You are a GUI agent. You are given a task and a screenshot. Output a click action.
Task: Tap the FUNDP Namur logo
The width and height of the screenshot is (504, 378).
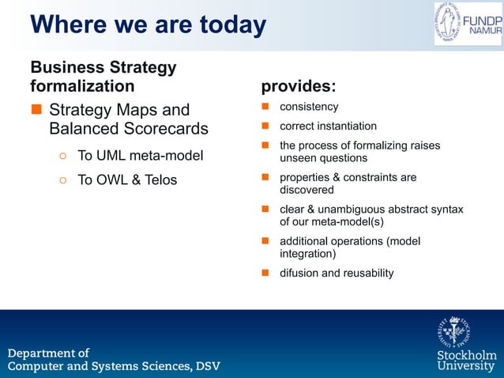(466, 24)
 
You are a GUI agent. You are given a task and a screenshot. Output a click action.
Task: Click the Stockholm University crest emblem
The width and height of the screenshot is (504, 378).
(455, 331)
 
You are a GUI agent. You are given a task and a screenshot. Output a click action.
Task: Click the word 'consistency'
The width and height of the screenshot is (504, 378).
(309, 107)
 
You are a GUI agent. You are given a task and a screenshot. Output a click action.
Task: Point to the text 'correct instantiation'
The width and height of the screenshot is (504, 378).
(328, 126)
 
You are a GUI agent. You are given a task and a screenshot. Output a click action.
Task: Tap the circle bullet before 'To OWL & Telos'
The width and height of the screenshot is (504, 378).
(62, 181)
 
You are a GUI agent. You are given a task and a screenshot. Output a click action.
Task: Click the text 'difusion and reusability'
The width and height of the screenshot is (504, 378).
(337, 273)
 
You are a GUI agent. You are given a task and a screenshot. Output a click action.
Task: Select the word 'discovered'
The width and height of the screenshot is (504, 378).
(307, 190)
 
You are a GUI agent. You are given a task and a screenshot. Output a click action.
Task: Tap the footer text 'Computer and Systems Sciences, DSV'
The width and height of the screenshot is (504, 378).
(114, 366)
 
